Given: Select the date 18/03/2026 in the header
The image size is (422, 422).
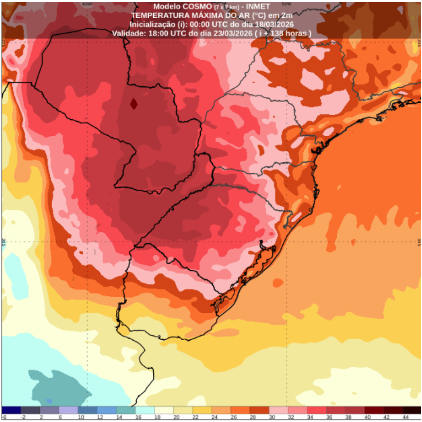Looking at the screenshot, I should point(274,24).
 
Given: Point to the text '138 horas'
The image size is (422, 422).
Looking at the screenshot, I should point(290,33).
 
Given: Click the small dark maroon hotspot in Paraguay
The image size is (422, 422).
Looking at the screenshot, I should point(134,103).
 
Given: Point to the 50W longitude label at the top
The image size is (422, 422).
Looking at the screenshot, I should point(286,4).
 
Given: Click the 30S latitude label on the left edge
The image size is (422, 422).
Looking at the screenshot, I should point(4,241).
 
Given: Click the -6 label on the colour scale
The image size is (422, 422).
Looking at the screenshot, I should point(4,417).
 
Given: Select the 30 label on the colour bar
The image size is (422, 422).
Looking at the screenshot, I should point(272,417).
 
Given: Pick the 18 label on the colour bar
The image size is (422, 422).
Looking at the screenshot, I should point(157,417).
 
